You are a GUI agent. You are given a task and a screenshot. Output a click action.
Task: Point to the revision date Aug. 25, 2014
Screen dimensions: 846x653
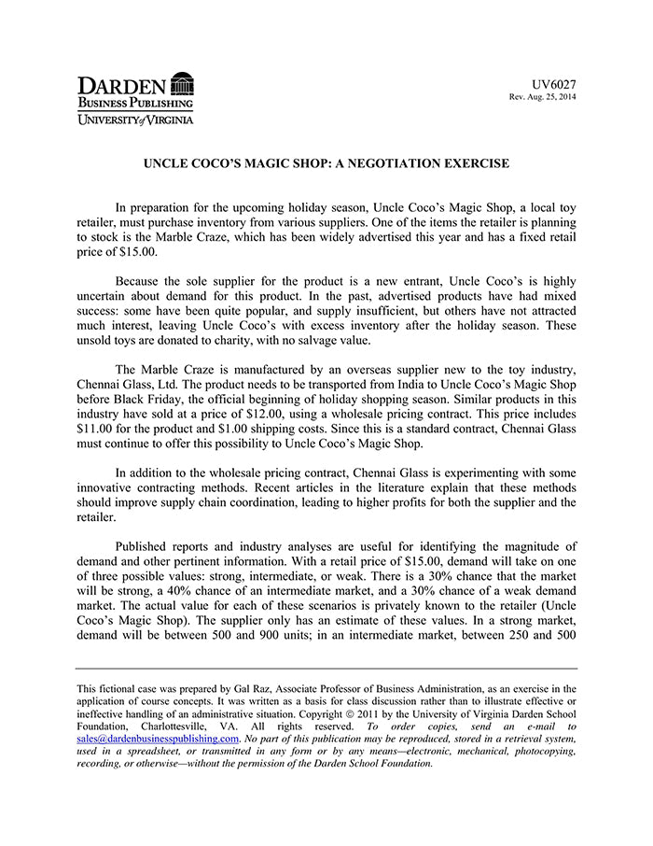pyautogui.click(x=550, y=97)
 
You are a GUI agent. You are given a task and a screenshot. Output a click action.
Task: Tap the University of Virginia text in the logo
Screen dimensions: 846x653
pyautogui.click(x=136, y=120)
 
